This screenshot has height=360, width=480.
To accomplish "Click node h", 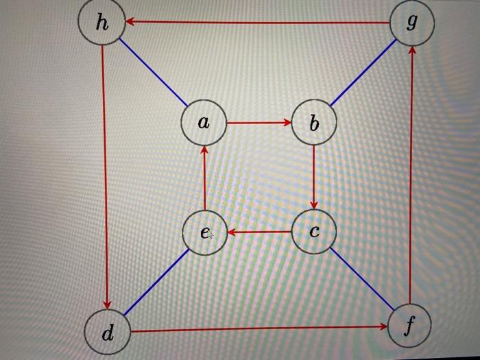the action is click(x=101, y=23).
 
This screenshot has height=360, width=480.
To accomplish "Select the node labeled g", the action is click(x=411, y=23).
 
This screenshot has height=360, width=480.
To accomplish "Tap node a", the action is click(x=204, y=123).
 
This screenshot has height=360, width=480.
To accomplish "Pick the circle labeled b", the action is click(x=314, y=123).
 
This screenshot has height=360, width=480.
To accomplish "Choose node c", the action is click(x=314, y=232).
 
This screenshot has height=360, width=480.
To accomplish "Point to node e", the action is click(x=204, y=233).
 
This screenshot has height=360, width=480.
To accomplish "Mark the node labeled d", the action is click(x=107, y=334).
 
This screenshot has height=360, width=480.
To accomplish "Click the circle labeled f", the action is click(x=409, y=326).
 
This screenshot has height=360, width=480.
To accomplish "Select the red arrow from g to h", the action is click(x=257, y=23).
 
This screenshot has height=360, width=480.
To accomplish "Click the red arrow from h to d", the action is click(x=104, y=178).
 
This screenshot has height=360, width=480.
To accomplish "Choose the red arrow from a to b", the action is click(x=259, y=123).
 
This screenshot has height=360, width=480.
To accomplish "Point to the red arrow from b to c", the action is click(x=314, y=178).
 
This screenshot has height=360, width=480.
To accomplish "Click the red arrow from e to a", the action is click(x=204, y=178).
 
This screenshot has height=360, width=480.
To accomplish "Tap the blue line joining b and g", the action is click(x=363, y=73).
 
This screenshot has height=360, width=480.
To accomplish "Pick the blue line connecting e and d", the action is click(x=156, y=283).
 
